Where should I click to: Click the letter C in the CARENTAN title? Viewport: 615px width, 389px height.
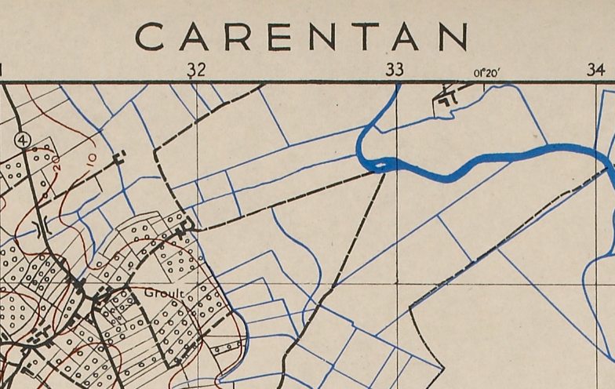(x=151, y=36)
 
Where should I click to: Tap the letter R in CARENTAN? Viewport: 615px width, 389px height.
(x=236, y=36)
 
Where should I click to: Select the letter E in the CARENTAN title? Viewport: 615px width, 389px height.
(x=279, y=36)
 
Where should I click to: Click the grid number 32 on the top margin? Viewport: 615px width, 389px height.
(x=196, y=70)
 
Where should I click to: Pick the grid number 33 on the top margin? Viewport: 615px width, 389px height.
(x=395, y=70)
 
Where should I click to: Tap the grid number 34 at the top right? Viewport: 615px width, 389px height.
(x=596, y=70)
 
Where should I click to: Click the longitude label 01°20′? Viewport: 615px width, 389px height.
(x=486, y=73)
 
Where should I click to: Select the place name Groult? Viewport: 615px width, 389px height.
(x=164, y=293)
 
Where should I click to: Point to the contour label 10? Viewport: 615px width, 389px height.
(x=91, y=159)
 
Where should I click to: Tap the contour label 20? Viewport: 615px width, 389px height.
(x=56, y=168)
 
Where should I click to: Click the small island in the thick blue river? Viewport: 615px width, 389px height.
(x=380, y=165)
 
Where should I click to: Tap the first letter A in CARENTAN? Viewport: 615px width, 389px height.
(x=193, y=36)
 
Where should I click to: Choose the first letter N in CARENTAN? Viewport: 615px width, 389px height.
(x=322, y=36)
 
